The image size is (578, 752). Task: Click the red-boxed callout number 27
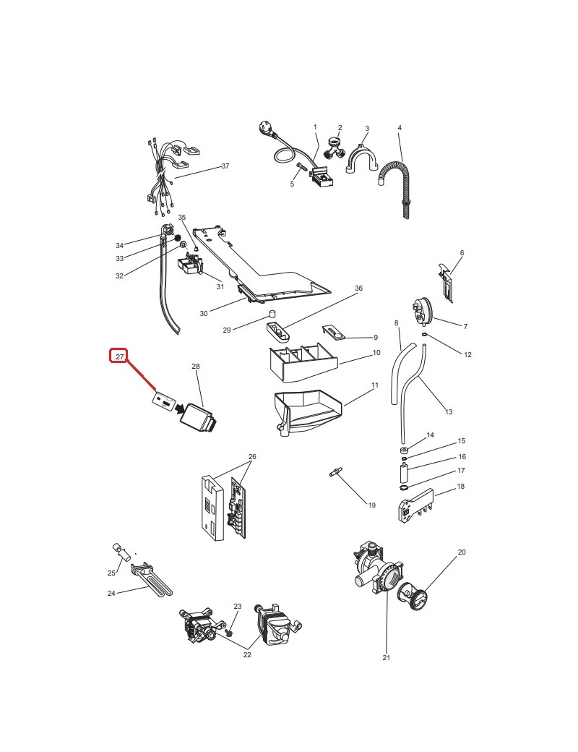click(119, 356)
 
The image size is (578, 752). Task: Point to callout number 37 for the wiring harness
click(225, 166)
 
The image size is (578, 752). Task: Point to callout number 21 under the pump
click(387, 657)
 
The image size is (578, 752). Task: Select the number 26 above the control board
click(252, 456)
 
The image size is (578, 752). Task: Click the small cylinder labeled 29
click(271, 314)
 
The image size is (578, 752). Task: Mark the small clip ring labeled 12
click(425, 334)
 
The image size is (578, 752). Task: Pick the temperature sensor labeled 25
click(122, 552)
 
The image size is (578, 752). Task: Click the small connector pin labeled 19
click(335, 472)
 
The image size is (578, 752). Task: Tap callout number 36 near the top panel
click(358, 289)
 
